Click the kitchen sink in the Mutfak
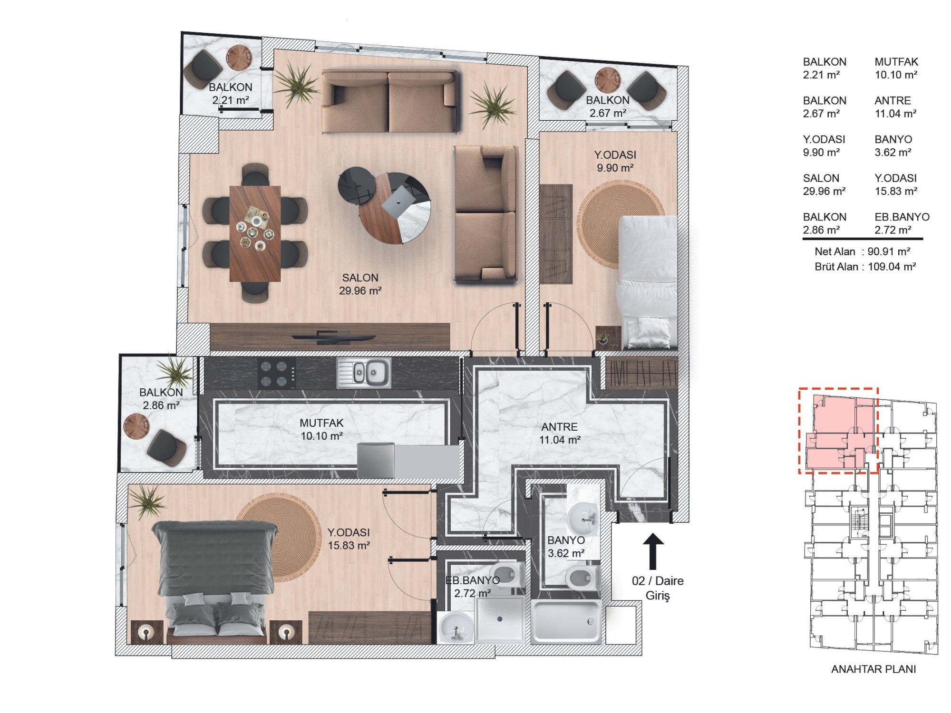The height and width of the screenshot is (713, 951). tap(365, 373)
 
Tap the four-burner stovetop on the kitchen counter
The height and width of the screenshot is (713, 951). tap(276, 373)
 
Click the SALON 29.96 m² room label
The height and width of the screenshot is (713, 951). tap(360, 284)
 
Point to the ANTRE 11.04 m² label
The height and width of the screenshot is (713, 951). tap(560, 434)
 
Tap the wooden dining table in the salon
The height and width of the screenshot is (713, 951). tap(255, 233)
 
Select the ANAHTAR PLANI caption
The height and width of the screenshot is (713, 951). tap(873, 669)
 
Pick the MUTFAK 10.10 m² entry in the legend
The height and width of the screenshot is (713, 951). tap(896, 68)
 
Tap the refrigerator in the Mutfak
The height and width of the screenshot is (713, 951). tap(376, 460)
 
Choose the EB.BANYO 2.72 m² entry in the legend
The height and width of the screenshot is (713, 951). tap(902, 223)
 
